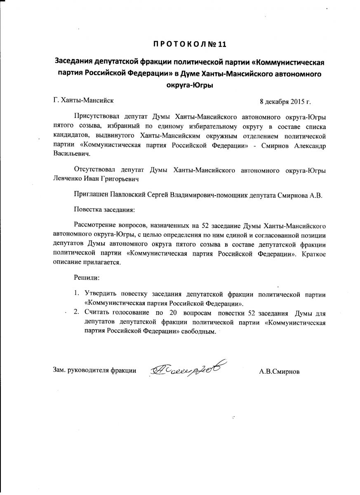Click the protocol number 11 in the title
221,44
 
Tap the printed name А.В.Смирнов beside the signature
279,371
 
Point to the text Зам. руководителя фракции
95,370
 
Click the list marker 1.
76,294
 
